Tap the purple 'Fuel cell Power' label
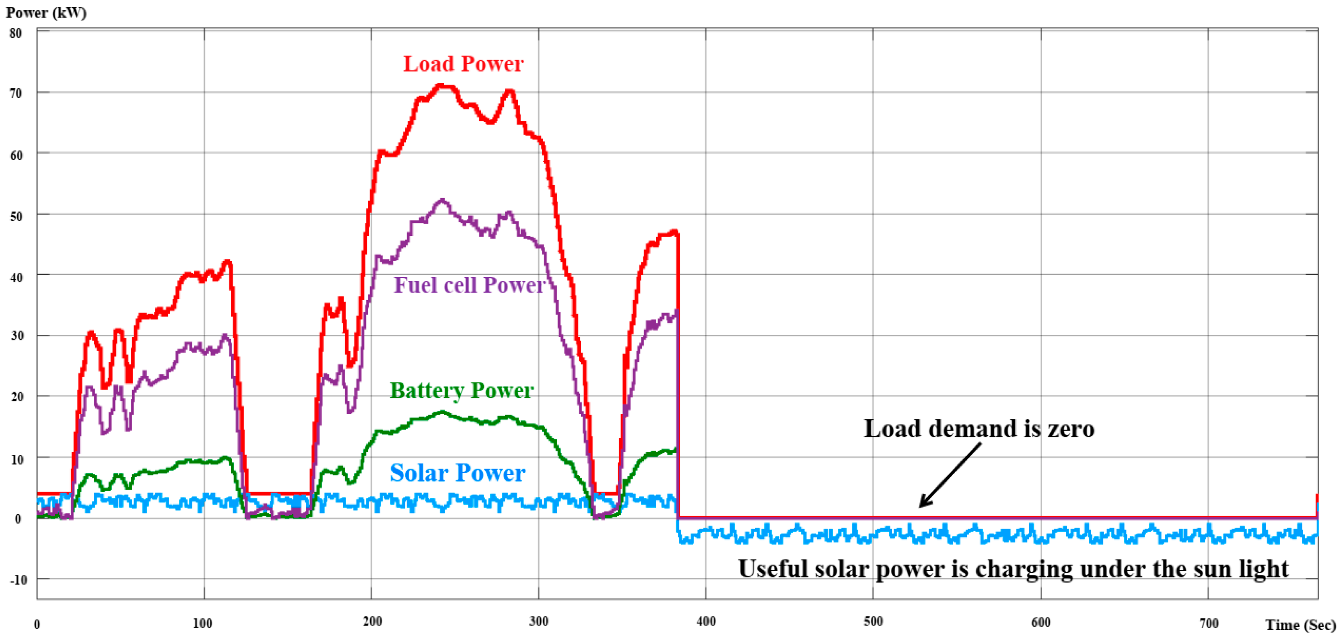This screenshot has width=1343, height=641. coord(469,285)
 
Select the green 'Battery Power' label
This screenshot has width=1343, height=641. coord(462,390)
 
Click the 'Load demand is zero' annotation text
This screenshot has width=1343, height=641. coord(978,429)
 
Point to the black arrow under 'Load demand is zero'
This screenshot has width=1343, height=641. coord(950,475)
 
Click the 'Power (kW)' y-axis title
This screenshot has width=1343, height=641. coord(46,12)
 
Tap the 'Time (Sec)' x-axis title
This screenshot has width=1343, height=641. coord(1300,624)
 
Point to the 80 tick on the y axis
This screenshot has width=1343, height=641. coord(15,33)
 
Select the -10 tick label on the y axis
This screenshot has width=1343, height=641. coord(18,580)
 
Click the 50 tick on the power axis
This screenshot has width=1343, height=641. coord(15,216)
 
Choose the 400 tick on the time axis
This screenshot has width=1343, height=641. coord(706,621)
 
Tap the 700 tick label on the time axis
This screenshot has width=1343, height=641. coord(1208,623)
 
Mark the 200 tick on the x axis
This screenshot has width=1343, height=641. coord(372,621)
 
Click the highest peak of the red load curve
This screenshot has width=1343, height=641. coord(441,85)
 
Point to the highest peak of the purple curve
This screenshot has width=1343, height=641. coord(442,200)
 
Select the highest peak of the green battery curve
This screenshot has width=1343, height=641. coord(442,412)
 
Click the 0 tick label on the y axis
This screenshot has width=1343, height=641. coord(18,518)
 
